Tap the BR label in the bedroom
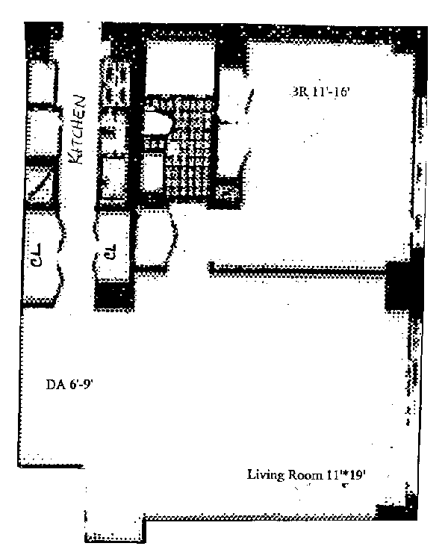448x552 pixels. (x=299, y=93)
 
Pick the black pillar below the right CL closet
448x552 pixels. (x=114, y=296)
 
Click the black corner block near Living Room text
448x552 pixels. (x=396, y=513)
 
